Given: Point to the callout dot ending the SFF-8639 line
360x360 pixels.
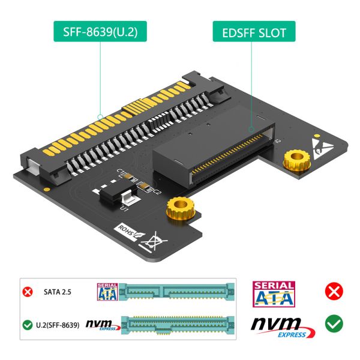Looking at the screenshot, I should click(99, 118).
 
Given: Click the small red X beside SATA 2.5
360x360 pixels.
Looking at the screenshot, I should click(28, 293).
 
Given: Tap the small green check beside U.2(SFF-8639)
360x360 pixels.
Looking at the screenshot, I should click(28, 325).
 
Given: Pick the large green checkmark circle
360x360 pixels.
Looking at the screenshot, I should click(334, 325).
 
